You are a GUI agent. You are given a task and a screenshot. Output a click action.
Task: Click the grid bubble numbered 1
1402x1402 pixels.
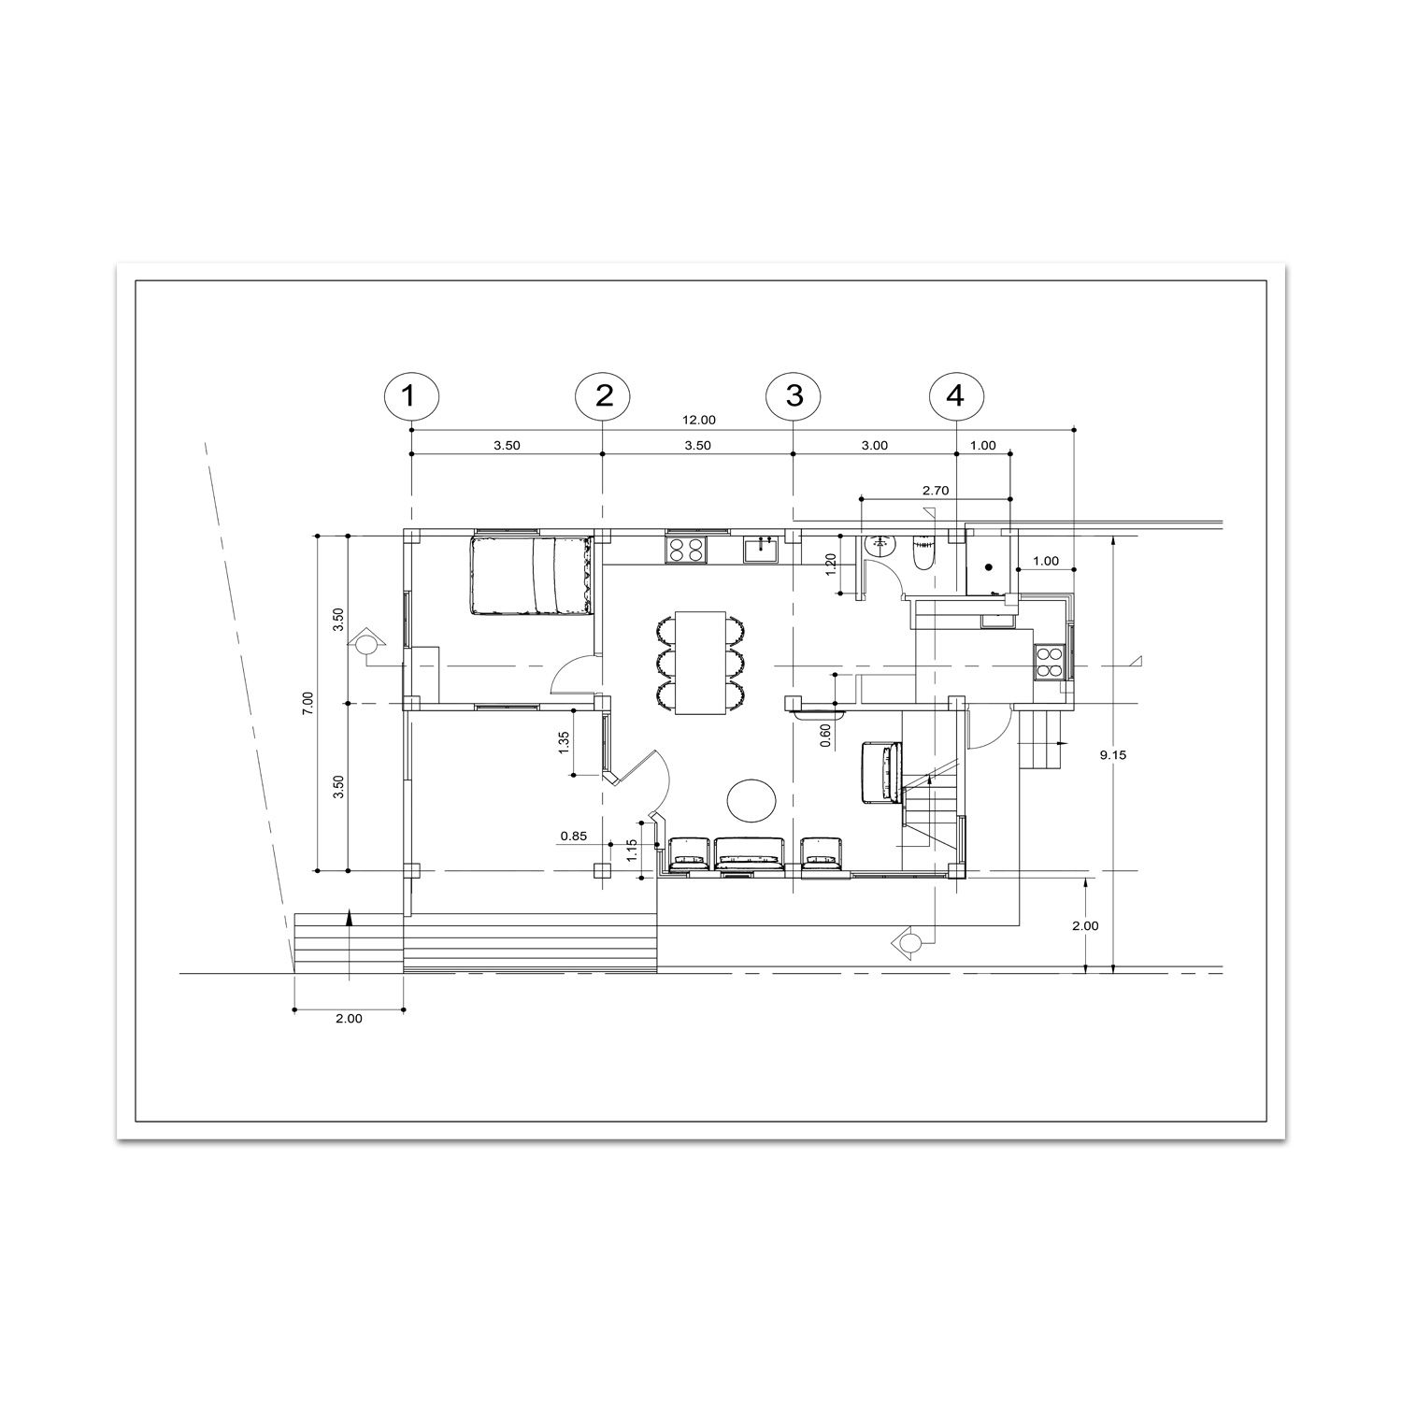click(x=408, y=395)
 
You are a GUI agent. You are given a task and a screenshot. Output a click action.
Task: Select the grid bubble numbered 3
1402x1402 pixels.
click(x=793, y=395)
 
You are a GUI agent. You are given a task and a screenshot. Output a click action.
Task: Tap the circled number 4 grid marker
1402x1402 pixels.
click(x=954, y=395)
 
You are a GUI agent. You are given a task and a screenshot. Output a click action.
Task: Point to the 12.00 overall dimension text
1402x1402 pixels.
click(x=698, y=420)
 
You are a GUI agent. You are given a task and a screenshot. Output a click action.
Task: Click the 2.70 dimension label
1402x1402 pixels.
click(x=935, y=490)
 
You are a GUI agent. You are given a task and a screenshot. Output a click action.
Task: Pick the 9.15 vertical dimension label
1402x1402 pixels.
click(x=1113, y=755)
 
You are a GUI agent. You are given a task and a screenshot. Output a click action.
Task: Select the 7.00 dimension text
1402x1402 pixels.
click(x=308, y=703)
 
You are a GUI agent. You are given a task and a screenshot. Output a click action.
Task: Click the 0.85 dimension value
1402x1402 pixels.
click(x=574, y=836)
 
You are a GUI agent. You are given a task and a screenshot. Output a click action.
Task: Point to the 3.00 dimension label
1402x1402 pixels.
click(x=874, y=446)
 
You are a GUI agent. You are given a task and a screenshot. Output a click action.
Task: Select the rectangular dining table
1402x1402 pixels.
click(x=701, y=663)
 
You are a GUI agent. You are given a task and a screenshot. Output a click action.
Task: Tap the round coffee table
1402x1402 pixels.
click(x=751, y=800)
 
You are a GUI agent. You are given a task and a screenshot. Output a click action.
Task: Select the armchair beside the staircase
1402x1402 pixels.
click(x=880, y=772)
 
